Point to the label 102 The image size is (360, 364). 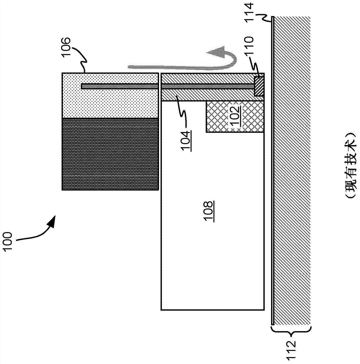click(x=235, y=117)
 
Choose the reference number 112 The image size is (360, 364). click(x=291, y=351)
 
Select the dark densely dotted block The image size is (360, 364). click(x=110, y=154)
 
